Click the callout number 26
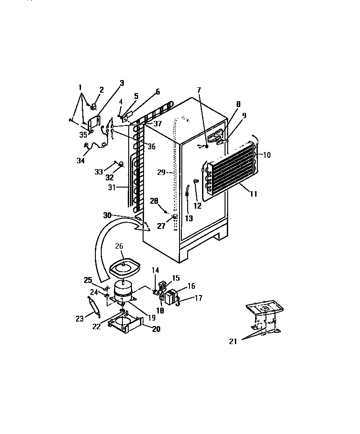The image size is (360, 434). point(119,246)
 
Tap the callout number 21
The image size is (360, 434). point(232,341)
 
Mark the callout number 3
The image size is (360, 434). point(121,83)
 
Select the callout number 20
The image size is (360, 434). point(155,329)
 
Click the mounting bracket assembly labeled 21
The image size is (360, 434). point(263,317)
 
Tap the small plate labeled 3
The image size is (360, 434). point(94,123)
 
